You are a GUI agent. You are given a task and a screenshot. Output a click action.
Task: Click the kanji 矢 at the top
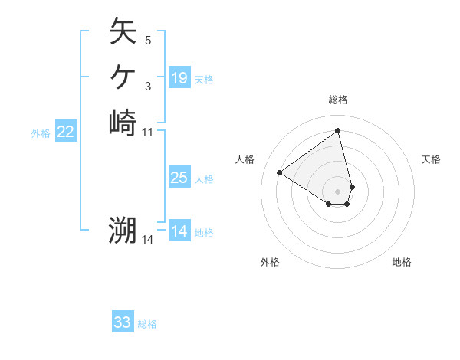click(x=123, y=31)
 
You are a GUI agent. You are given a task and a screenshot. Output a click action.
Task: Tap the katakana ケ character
click(x=123, y=77)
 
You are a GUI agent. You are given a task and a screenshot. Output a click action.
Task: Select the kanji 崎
click(x=123, y=123)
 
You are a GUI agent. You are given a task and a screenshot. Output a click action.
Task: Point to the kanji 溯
click(x=123, y=230)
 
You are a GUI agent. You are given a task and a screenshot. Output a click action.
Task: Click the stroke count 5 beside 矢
click(x=148, y=41)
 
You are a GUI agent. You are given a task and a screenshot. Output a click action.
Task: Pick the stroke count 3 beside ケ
click(x=148, y=86)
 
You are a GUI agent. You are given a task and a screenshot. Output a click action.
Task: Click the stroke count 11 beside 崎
click(x=148, y=132)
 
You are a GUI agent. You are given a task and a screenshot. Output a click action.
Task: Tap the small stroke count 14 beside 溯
click(x=148, y=240)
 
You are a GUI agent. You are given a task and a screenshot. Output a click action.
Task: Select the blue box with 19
click(x=179, y=77)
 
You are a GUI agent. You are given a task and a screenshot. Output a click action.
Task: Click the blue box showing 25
click(x=179, y=178)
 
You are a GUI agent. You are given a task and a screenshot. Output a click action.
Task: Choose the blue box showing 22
click(x=66, y=133)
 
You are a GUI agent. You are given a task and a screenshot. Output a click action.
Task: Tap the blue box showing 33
click(x=123, y=322)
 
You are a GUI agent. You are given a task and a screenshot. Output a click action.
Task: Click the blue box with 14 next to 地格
click(x=179, y=231)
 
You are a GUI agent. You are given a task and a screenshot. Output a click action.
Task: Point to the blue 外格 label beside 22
click(x=41, y=133)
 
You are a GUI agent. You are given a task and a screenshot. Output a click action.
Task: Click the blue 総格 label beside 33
click(x=147, y=324)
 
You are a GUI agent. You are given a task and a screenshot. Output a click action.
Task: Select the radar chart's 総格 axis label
click(x=338, y=100)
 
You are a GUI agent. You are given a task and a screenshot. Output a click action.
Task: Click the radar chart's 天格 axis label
click(x=431, y=159)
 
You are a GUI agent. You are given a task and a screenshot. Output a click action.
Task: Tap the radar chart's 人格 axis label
click(x=245, y=159)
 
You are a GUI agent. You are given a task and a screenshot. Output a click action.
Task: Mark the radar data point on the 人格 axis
click(x=280, y=172)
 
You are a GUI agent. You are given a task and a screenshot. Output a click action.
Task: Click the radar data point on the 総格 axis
click(x=338, y=130)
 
